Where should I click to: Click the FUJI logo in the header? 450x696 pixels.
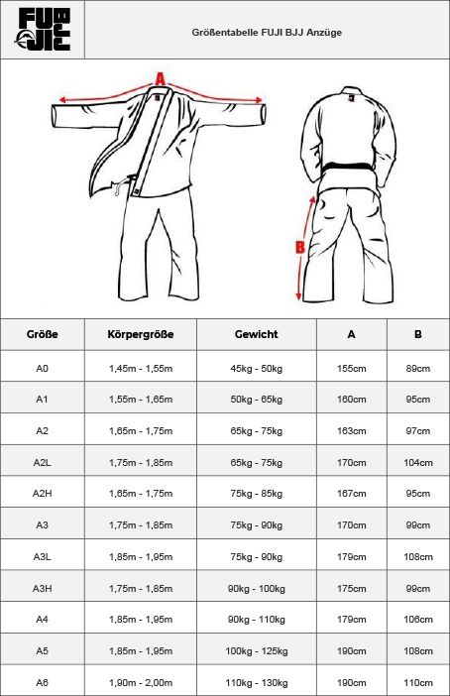pos(43,30)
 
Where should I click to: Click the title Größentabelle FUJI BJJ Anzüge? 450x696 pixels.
pos(267,33)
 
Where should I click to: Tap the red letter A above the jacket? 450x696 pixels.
pos(161,79)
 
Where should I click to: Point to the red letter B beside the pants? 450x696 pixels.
pos(300,247)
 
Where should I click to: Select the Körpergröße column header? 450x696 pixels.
pos(140,334)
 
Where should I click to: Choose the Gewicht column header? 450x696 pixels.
pos(256,334)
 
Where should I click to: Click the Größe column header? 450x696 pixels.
pos(43,334)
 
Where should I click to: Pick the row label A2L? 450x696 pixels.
pos(43,463)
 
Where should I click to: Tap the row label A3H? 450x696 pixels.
pos(43,589)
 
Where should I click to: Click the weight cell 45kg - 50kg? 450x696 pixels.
pos(256,369)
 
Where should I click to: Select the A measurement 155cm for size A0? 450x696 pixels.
pos(352,369)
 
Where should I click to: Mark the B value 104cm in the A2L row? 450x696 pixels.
pos(418,463)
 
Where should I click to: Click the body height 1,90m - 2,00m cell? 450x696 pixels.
pos(141,683)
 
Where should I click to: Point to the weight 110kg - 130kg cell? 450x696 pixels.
pos(257,683)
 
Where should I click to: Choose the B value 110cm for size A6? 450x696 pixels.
pos(418,683)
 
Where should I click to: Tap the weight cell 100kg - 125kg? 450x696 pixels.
pos(257,651)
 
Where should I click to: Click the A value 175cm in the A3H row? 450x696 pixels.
pos(352,589)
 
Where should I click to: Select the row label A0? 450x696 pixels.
pos(43,369)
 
